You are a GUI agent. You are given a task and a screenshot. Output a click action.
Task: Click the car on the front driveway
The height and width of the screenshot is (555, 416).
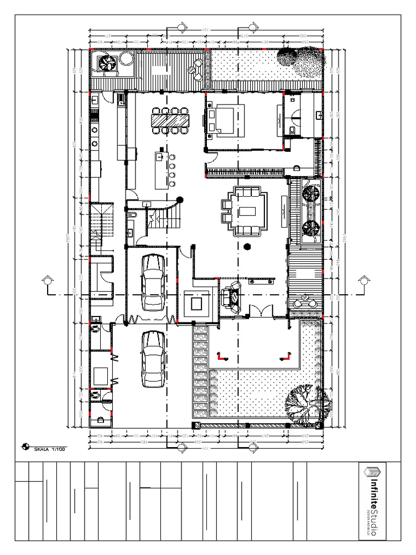153,359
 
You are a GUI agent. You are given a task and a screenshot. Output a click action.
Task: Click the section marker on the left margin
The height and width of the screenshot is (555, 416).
48,281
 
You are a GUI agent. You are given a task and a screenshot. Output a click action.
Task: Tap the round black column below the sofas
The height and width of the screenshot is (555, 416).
248,247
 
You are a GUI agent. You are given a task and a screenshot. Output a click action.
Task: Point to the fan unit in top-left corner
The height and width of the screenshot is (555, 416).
107,64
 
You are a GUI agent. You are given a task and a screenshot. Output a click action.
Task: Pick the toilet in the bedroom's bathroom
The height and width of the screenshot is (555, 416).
292,129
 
